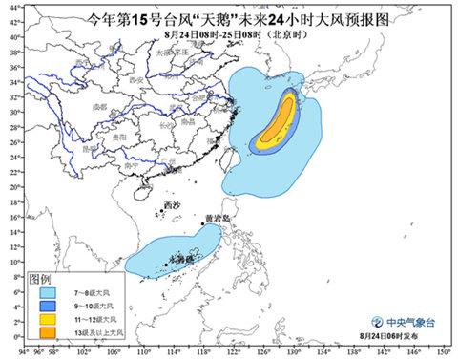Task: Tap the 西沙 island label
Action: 171,206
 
